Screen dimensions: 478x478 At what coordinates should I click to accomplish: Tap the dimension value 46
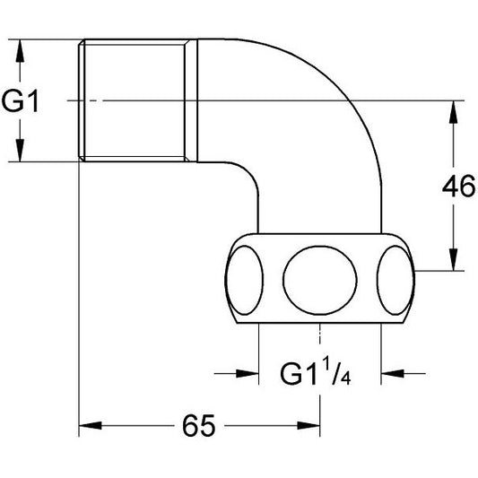point(458,186)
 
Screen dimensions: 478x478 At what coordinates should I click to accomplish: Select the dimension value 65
point(199,426)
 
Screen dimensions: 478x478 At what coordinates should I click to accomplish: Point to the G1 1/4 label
point(316,371)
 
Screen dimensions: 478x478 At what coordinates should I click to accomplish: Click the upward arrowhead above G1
point(20,51)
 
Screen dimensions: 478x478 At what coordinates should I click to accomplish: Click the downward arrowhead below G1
point(20,150)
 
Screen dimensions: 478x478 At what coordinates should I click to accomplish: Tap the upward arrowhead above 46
point(454,112)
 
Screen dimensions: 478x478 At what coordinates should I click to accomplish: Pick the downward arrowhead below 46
point(454,259)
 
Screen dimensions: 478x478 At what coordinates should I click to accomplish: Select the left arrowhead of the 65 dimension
point(91,426)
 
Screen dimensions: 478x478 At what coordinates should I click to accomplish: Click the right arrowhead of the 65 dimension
point(309,426)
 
